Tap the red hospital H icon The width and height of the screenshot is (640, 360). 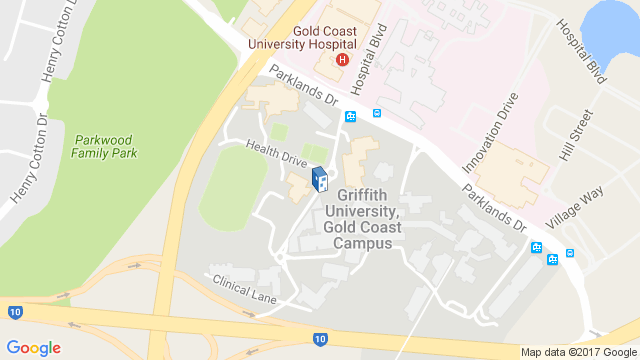(x=342, y=59)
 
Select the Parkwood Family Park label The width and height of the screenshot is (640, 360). (x=105, y=146)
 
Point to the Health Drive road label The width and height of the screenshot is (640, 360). (x=276, y=151)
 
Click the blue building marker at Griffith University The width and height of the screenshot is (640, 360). (x=319, y=180)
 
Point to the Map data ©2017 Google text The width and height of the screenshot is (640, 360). (x=579, y=352)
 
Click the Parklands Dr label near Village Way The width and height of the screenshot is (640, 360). (x=493, y=207)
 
